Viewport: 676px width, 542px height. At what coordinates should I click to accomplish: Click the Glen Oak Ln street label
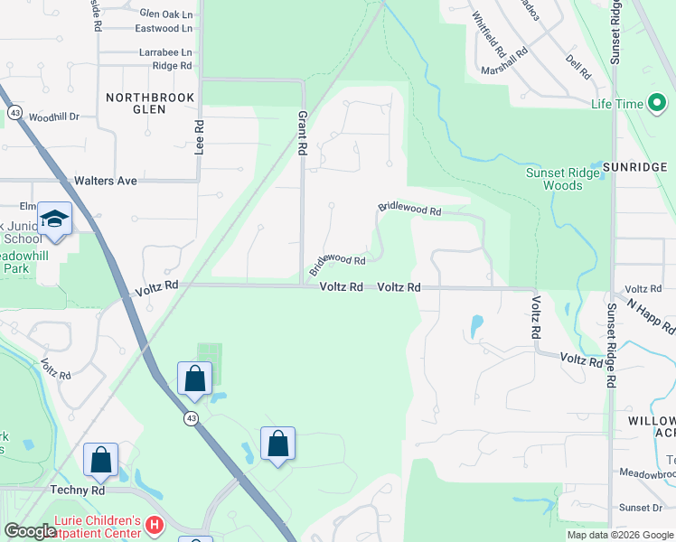(166, 14)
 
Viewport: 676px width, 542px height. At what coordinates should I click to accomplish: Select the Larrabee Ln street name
(166, 53)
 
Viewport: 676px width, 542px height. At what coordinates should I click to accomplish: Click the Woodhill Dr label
(54, 117)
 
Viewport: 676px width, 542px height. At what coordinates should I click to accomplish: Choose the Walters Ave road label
(106, 181)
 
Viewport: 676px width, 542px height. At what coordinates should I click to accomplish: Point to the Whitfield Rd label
(485, 29)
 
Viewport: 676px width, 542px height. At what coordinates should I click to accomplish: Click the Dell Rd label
(578, 66)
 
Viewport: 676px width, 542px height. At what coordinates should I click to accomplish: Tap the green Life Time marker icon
(657, 104)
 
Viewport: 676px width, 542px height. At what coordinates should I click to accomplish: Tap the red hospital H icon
(155, 524)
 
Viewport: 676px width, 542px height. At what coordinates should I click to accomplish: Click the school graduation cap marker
(55, 218)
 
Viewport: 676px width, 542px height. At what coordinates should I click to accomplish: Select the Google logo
(30, 531)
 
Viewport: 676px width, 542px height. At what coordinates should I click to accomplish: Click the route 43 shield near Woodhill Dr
(15, 112)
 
